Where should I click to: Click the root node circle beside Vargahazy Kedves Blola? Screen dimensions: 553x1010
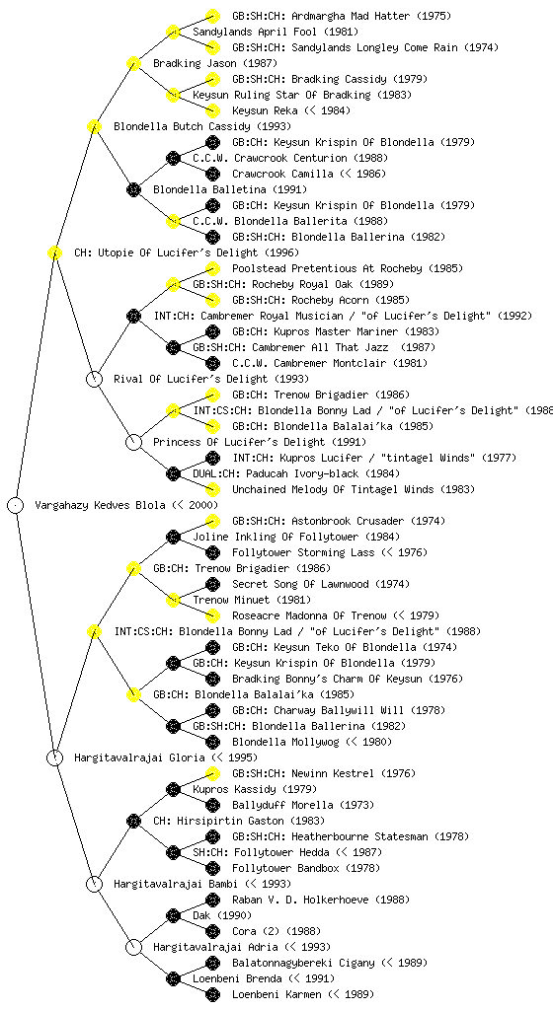[16, 505]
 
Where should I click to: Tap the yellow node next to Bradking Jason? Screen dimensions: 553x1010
[133, 63]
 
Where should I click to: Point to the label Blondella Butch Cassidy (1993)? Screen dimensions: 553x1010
[201, 126]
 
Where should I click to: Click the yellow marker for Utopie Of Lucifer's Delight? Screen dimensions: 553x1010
[54, 252]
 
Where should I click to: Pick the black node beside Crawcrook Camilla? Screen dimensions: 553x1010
[212, 174]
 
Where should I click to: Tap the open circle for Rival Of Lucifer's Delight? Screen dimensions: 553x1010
[94, 379]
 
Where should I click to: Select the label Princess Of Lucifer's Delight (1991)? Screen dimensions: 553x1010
[259, 442]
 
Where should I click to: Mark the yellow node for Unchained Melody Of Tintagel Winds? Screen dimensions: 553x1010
[212, 489]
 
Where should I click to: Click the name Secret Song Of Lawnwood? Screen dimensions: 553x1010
[301, 584]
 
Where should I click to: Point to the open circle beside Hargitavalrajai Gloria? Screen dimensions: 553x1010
[54, 757]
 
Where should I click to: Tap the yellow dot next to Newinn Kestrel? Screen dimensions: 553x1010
[212, 773]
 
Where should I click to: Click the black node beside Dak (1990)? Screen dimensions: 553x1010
[173, 915]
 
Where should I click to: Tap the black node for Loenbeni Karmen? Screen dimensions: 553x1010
[212, 994]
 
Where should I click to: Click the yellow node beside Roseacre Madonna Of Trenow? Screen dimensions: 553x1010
[212, 615]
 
